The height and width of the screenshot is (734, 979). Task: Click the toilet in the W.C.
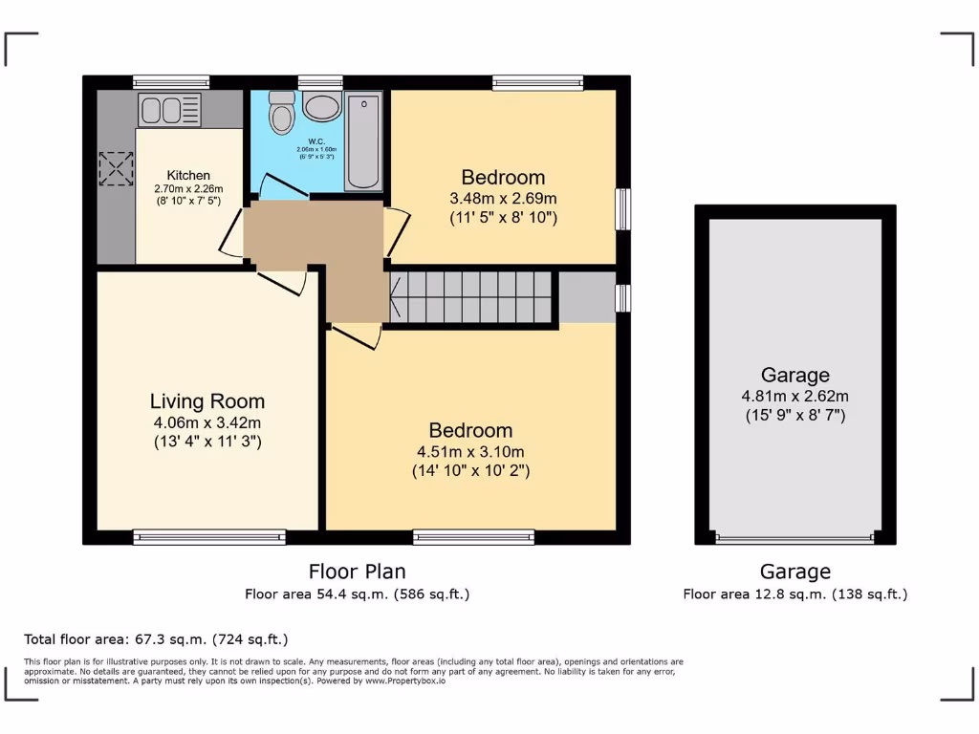(281, 114)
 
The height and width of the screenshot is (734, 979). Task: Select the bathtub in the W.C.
(363, 140)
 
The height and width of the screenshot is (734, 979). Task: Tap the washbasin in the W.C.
(321, 107)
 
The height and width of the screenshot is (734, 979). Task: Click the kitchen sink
(172, 109)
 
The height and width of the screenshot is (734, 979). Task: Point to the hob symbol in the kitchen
(116, 169)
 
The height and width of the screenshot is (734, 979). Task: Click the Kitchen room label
(188, 175)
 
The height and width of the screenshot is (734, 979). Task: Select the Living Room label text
(207, 401)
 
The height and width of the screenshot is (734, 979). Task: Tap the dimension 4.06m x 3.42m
(207, 422)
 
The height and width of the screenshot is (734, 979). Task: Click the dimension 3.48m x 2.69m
(503, 198)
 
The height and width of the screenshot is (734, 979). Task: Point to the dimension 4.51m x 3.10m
(470, 451)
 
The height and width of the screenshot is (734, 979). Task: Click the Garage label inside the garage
(794, 375)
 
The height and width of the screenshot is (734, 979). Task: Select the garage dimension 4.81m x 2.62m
(794, 396)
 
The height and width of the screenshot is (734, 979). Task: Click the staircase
(471, 296)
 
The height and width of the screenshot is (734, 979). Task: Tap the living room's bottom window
(209, 537)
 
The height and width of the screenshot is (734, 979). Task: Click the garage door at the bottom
(794, 539)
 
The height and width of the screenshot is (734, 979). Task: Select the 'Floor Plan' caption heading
(357, 572)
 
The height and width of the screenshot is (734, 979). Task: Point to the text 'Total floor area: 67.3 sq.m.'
(155, 638)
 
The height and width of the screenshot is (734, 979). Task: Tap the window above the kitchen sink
(171, 82)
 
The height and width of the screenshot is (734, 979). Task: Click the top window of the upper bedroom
(537, 82)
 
